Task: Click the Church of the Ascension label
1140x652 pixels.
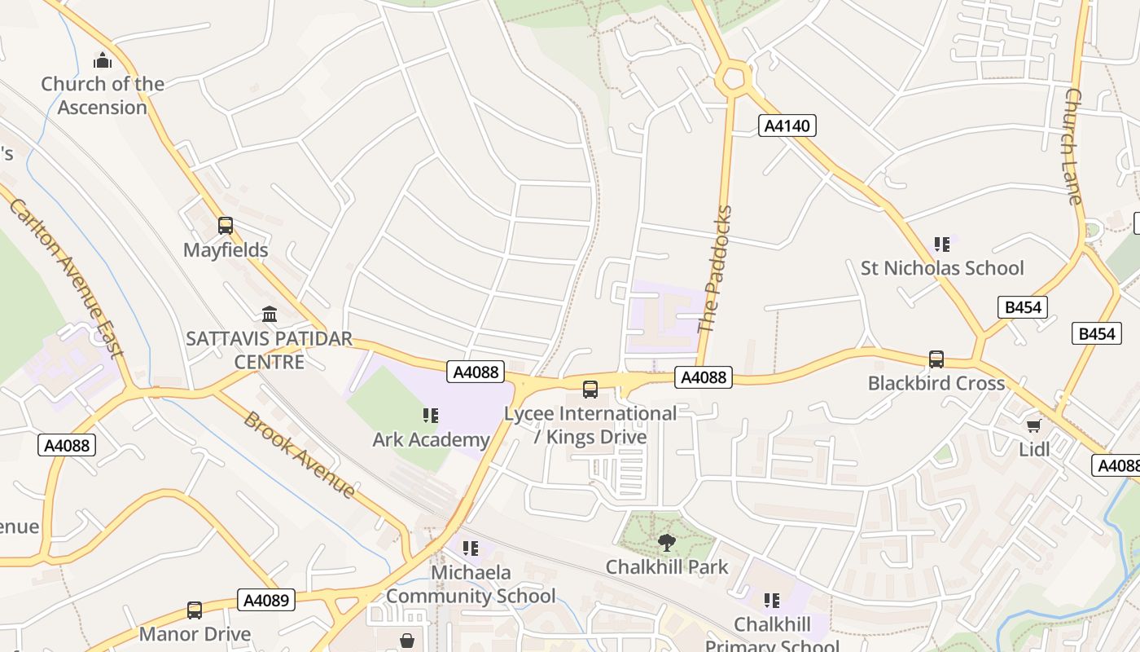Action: point(103,95)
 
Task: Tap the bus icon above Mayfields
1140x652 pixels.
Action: point(226,226)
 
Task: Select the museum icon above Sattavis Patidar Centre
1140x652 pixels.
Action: point(270,314)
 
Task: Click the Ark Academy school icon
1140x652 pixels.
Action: point(431,416)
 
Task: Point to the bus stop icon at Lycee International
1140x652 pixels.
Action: point(590,390)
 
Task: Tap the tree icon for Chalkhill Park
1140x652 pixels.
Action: point(667,542)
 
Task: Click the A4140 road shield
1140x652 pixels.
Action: point(787,126)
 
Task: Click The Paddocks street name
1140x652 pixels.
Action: point(716,269)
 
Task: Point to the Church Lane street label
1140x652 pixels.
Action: point(1073,147)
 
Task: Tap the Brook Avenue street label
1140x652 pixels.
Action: point(299,454)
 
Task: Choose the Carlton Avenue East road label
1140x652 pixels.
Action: point(68,277)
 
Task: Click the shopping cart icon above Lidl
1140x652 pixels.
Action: point(1034,425)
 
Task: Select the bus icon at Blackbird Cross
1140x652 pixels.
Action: point(936,359)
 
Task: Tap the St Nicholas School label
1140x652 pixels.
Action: point(942,268)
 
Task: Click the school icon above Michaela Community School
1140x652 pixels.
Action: point(471,548)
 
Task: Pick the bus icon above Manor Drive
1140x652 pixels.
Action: point(195,610)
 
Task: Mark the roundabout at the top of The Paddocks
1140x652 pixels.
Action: point(733,78)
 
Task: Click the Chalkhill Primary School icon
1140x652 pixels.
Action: point(772,601)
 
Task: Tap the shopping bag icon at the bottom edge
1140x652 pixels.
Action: point(406,641)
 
